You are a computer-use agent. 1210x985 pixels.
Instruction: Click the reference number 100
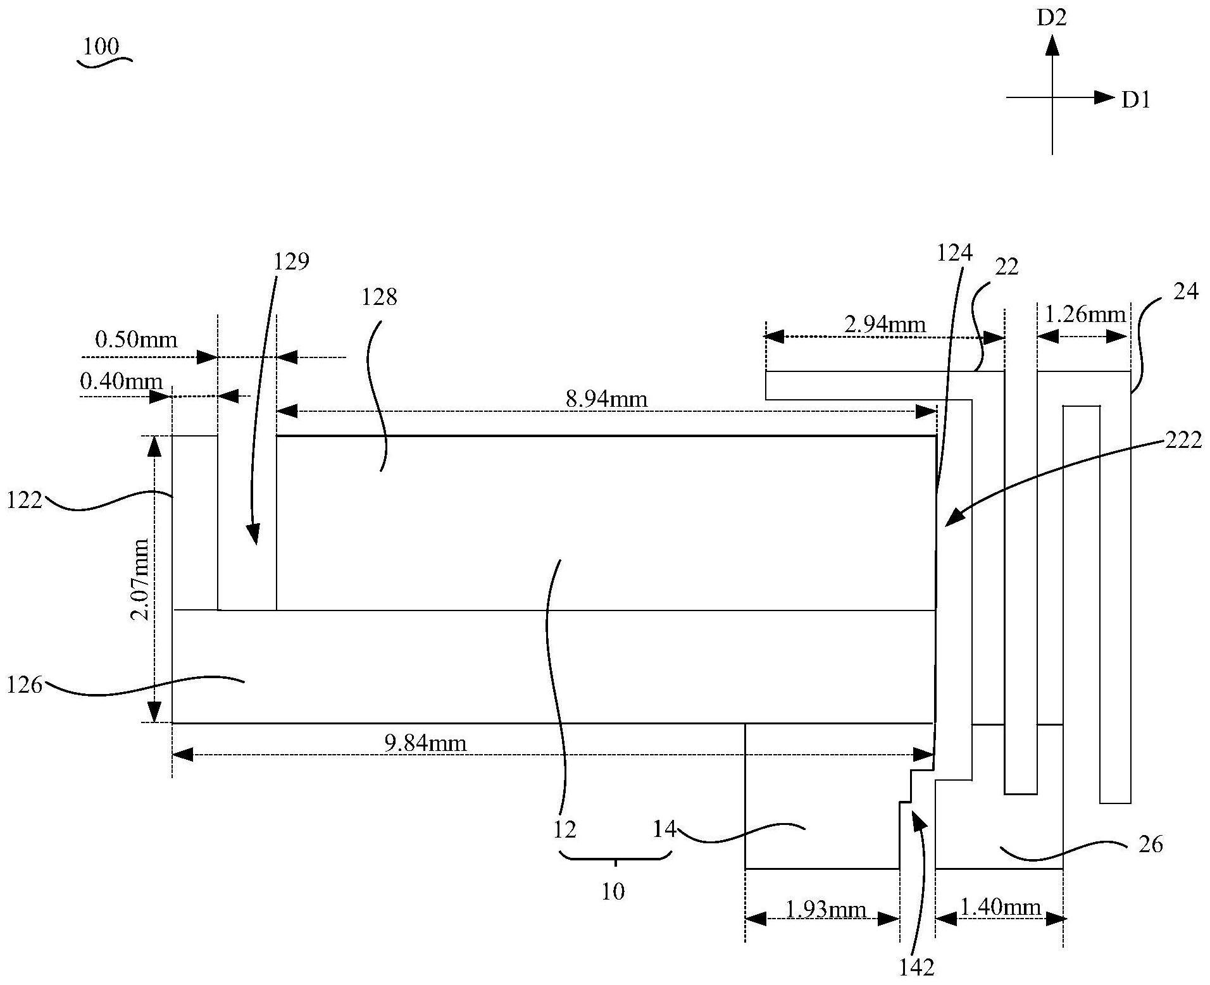coord(101,46)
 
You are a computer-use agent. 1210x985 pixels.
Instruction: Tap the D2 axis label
coord(1052,18)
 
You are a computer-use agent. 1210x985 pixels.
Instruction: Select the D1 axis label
coord(1136,100)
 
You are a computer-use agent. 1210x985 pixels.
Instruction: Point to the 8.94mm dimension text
coord(606,399)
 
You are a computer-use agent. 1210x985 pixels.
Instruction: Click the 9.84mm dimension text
coord(425,742)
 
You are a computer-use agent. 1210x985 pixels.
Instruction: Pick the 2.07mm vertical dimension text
coord(140,579)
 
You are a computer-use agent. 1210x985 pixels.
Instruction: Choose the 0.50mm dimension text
coord(136,340)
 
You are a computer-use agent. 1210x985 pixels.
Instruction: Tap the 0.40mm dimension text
coord(122,381)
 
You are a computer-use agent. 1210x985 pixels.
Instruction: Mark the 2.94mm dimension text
coord(885,325)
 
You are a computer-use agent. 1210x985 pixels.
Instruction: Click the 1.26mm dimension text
coord(1085,314)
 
